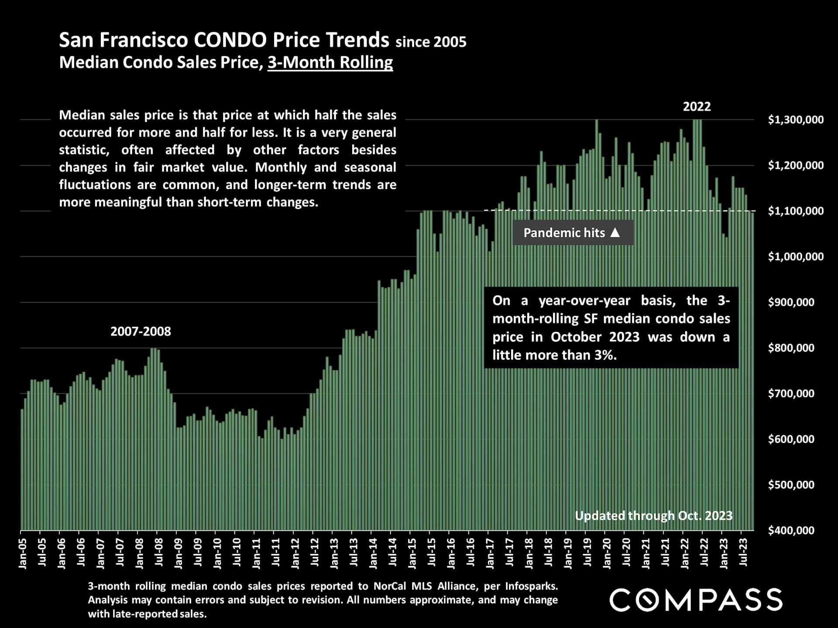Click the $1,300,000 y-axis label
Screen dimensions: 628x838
click(x=796, y=119)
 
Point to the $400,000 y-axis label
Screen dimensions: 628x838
click(x=791, y=530)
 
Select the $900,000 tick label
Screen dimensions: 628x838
click(x=791, y=302)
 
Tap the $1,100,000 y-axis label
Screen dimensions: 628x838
click(x=796, y=211)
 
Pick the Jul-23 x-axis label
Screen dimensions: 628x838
click(x=743, y=552)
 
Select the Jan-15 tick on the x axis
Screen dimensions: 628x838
click(x=412, y=553)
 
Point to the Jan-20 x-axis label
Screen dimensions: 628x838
click(x=607, y=553)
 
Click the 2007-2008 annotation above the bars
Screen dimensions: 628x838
click(x=141, y=331)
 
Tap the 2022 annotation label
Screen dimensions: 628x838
click(x=697, y=106)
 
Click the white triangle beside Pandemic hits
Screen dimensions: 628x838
click(x=615, y=232)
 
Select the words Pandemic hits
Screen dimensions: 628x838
click(x=564, y=233)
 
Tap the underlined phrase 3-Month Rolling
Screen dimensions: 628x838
click(x=330, y=62)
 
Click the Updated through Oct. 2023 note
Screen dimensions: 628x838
click(x=653, y=515)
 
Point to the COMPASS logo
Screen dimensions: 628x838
click(x=696, y=600)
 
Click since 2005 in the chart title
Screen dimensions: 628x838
click(x=431, y=42)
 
